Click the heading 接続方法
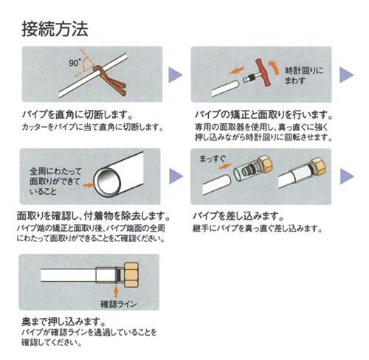pos(55,30)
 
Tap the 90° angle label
pos(75,63)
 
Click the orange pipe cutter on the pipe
pos(111,80)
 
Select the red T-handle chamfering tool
pos(263,72)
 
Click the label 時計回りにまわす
pos(304,75)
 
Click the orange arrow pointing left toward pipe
pos(236,71)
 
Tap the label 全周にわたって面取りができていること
pos(55,181)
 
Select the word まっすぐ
pos(213,159)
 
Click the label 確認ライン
pos(119,304)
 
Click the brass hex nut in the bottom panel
pos(131,275)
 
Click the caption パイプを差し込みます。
pos(238,216)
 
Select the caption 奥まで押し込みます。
pos(63,322)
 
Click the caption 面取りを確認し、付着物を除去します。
pos(94,216)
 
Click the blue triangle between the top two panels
pos(175,75)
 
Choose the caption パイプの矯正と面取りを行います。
pos(263,114)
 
